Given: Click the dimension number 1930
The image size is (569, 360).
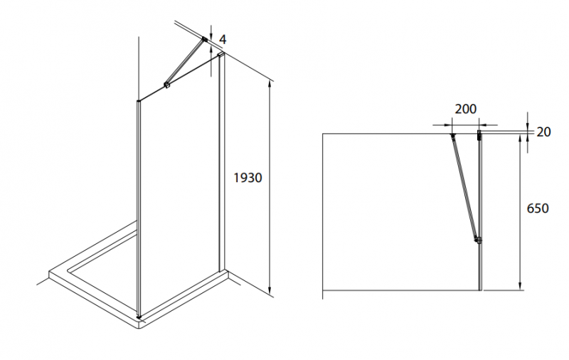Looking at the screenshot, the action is click(x=248, y=177).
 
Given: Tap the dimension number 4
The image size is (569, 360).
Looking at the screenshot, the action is click(x=223, y=40).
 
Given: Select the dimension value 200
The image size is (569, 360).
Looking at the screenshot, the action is click(x=466, y=109).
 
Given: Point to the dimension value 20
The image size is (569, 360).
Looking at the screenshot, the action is click(x=543, y=132).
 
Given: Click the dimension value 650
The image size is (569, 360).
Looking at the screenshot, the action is click(x=538, y=208).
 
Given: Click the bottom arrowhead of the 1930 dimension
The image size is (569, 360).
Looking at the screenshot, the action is click(x=270, y=290).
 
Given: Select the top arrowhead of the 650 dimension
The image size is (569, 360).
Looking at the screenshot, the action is click(x=520, y=138).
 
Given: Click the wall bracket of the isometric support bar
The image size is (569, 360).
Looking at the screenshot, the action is click(x=205, y=39).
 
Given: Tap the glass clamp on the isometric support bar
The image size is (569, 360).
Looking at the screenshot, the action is click(x=166, y=85).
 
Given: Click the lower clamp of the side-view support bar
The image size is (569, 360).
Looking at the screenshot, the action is click(x=478, y=240).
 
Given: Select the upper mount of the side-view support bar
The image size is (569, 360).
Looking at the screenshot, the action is click(x=452, y=136).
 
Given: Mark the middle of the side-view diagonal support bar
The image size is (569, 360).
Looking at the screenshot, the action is click(x=464, y=187).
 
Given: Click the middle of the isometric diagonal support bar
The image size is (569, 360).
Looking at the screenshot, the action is click(x=186, y=63).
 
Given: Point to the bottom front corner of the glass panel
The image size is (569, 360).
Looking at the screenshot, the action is click(x=139, y=317).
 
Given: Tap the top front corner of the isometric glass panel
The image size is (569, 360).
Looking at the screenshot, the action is click(x=138, y=101).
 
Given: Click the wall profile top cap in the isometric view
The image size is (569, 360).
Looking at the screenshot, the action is click(x=221, y=55).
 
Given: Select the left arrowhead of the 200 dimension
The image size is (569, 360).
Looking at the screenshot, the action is click(x=449, y=125).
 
